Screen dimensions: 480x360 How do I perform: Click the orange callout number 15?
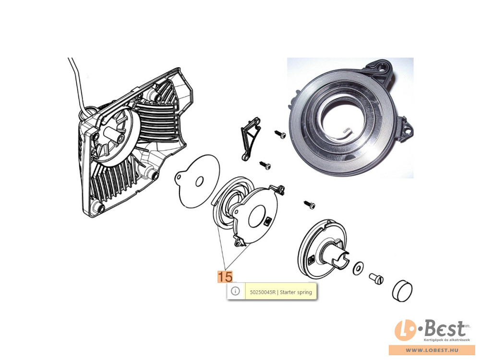(225, 277)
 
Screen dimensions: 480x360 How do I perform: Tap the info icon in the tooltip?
(235, 291)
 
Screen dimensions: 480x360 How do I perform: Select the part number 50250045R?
(263, 292)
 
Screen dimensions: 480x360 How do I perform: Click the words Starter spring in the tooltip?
(296, 292)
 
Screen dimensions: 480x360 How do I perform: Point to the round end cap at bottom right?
(402, 290)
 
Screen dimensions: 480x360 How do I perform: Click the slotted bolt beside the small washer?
(376, 278)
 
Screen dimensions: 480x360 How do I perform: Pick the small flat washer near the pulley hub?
(358, 268)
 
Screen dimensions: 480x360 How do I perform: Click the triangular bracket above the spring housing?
(251, 138)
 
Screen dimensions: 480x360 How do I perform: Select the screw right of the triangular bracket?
(280, 134)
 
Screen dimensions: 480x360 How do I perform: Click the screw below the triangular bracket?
(265, 165)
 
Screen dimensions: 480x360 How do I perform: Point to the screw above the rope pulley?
(310, 205)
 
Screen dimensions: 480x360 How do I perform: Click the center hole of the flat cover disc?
(199, 181)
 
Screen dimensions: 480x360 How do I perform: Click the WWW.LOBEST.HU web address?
(432, 350)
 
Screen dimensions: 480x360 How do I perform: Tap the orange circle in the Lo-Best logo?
(405, 330)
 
